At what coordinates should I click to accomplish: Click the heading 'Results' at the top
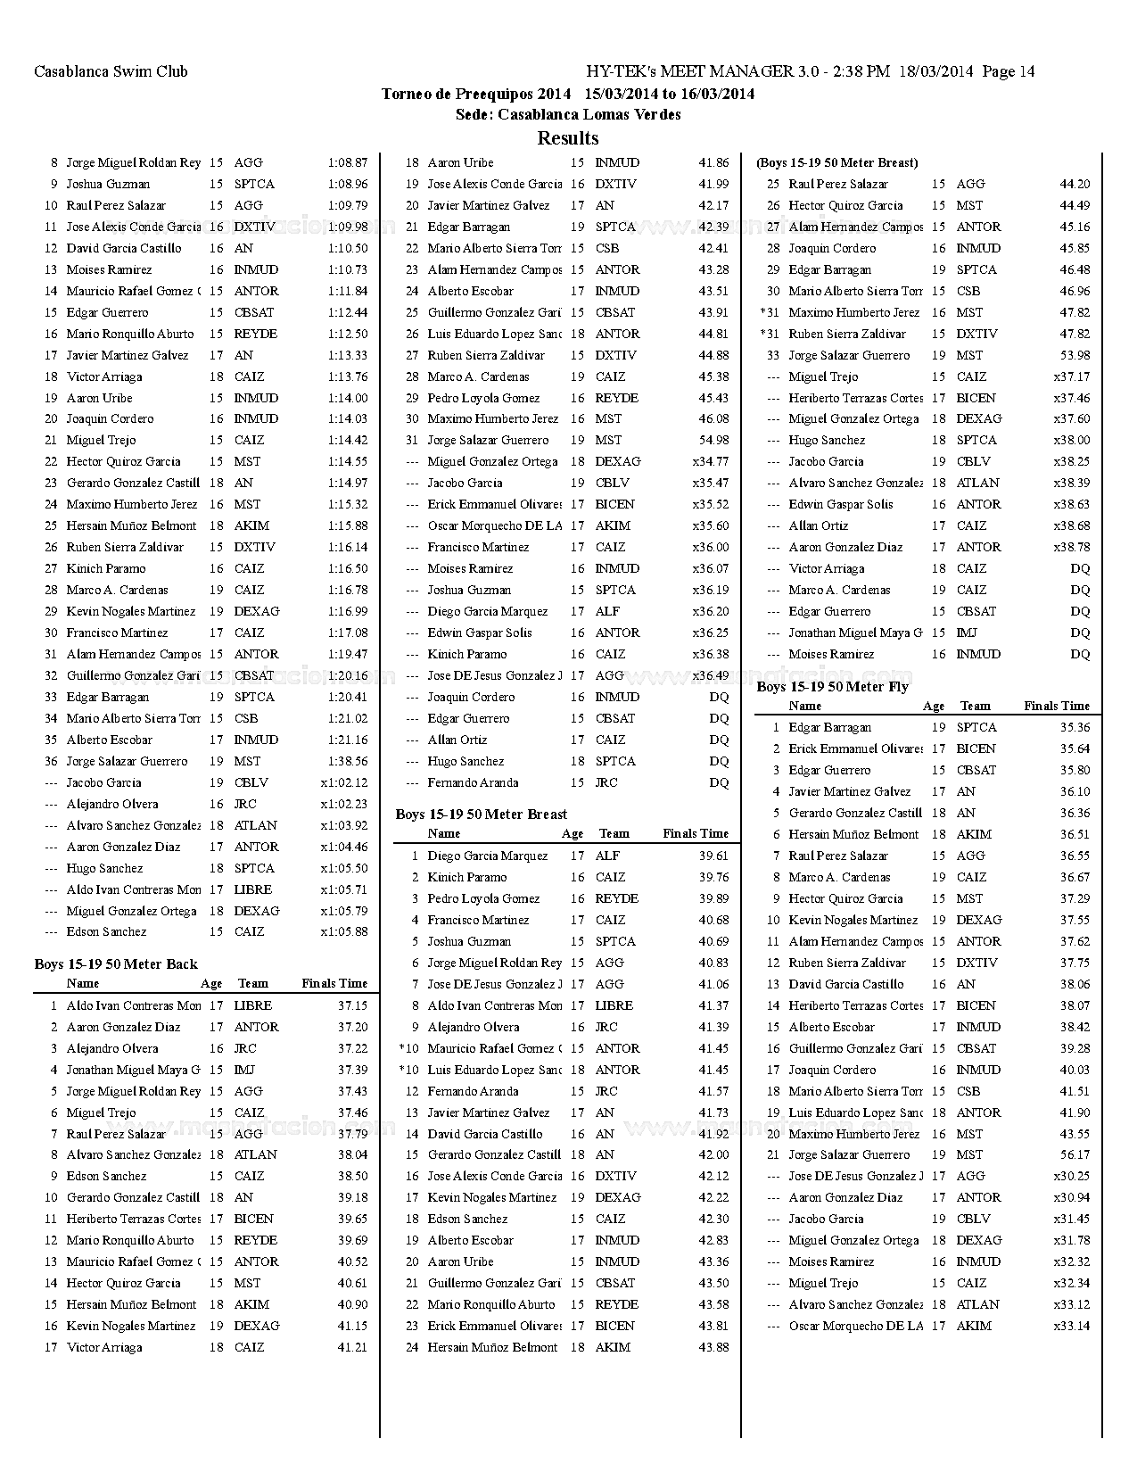click(x=568, y=138)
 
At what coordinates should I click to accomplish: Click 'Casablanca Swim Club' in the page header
click(x=111, y=71)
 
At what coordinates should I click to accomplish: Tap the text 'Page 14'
click(x=1009, y=71)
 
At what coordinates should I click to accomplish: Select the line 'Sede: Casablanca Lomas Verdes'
click(x=568, y=114)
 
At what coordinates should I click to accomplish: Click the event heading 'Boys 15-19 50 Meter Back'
click(x=116, y=963)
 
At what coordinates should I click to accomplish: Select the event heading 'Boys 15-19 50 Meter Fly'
click(x=833, y=686)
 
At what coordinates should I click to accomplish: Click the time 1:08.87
click(x=347, y=162)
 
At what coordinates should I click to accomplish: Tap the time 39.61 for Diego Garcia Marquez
click(x=713, y=856)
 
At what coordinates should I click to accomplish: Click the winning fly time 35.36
click(x=1075, y=727)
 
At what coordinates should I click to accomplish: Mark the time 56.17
click(x=1075, y=1154)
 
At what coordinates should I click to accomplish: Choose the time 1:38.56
click(x=347, y=761)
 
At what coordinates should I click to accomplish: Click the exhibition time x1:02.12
click(x=344, y=782)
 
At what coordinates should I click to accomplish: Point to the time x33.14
click(x=1071, y=1326)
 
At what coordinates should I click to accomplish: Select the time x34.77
click(x=711, y=461)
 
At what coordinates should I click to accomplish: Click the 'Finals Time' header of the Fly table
click(x=1057, y=706)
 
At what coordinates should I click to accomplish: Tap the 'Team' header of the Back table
click(x=253, y=983)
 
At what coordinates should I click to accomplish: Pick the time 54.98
click(x=713, y=440)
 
